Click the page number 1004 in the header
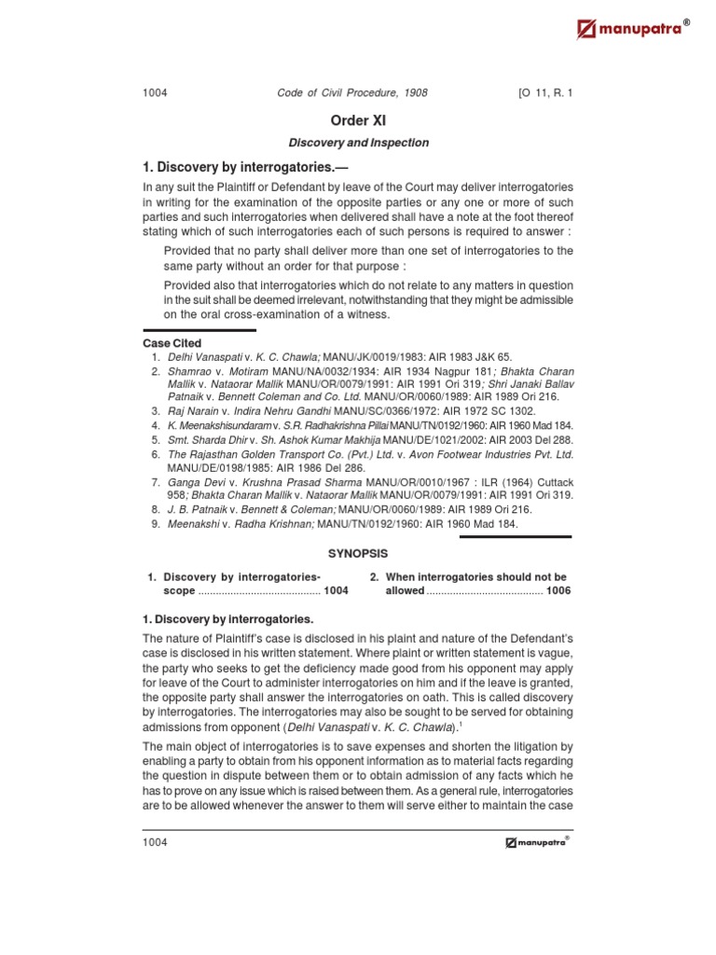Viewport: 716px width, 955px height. coord(155,93)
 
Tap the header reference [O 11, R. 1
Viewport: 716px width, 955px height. coord(544,93)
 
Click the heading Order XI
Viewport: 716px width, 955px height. coord(357,120)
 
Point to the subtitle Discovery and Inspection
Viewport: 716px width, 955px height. coord(357,143)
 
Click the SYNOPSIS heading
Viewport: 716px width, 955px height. coord(357,554)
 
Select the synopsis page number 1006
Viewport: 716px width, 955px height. coord(558,591)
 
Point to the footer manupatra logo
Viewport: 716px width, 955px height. coord(537,842)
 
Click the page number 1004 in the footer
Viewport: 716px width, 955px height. coord(155,842)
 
